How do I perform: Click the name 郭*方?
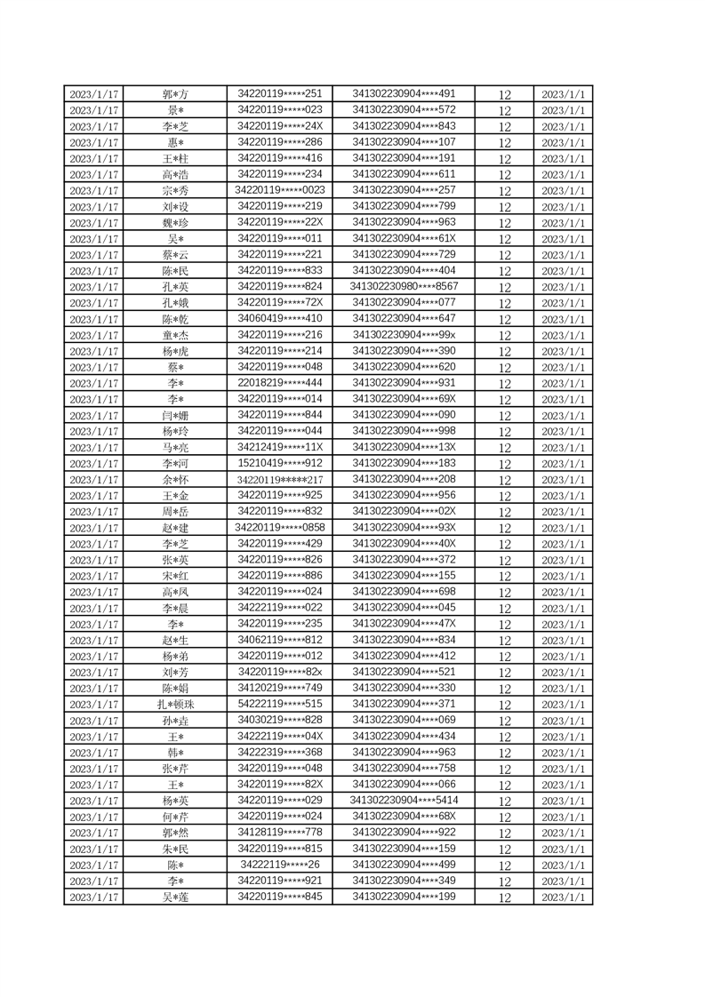click(175, 94)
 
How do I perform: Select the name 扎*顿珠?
click(175, 705)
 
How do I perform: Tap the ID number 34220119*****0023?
click(280, 189)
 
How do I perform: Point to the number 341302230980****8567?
click(405, 286)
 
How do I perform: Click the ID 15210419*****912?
click(280, 463)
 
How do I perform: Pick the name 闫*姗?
click(175, 415)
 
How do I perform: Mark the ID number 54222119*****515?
click(280, 704)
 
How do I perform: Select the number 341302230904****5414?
click(405, 800)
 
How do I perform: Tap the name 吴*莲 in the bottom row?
click(175, 897)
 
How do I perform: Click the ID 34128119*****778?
click(280, 832)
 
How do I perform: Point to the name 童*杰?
click(175, 335)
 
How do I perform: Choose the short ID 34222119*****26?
click(280, 864)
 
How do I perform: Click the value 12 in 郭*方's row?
click(505, 94)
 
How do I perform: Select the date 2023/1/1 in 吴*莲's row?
click(563, 897)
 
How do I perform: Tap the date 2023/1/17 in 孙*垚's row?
click(94, 721)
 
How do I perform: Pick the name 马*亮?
click(175, 447)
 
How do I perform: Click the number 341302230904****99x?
click(405, 334)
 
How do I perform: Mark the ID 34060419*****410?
click(280, 318)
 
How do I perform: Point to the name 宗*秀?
click(175, 190)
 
